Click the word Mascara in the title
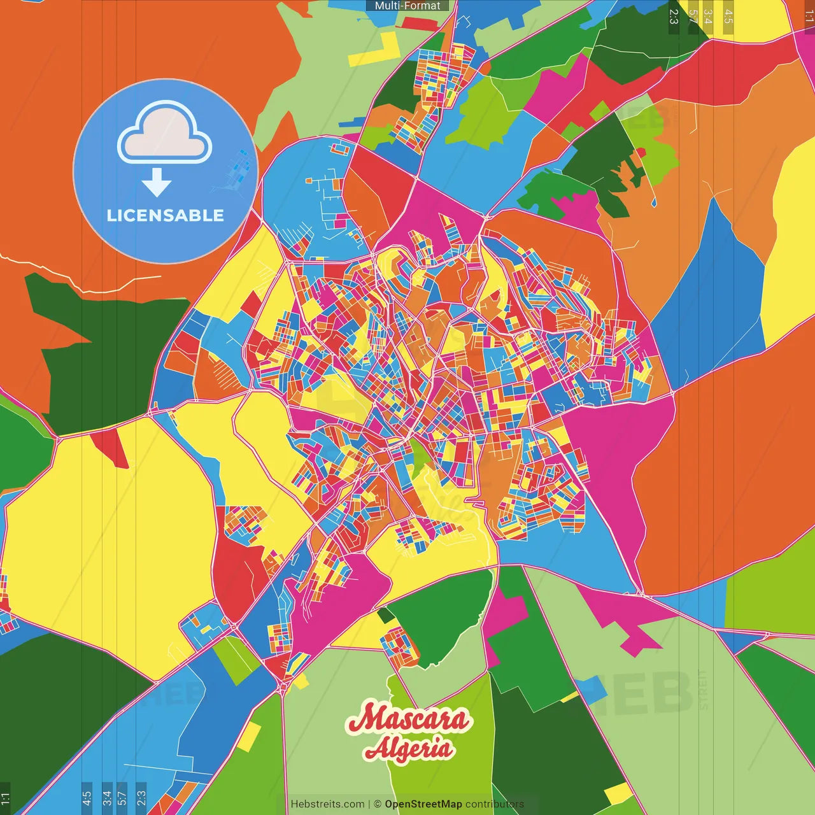coord(407,718)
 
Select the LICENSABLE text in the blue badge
coord(166,215)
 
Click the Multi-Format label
coord(407,6)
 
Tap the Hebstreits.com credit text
coord(327,804)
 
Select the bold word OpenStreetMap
coord(423,804)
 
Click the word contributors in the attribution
coord(495,804)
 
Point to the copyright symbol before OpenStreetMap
coord(377,804)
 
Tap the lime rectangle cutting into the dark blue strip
coord(236,659)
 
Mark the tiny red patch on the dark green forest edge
coord(640,153)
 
